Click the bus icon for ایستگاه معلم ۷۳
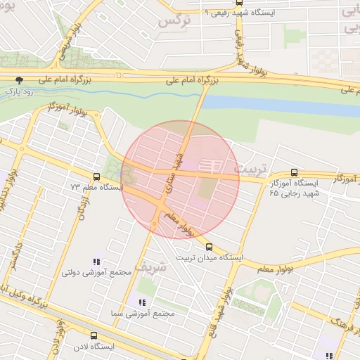point(96,176)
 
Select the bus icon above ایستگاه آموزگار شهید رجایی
point(293,172)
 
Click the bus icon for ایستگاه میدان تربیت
point(209,247)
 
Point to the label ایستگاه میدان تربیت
point(209,258)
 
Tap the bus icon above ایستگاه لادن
point(94,335)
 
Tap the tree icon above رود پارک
point(19,80)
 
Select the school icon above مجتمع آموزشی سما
point(132,302)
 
